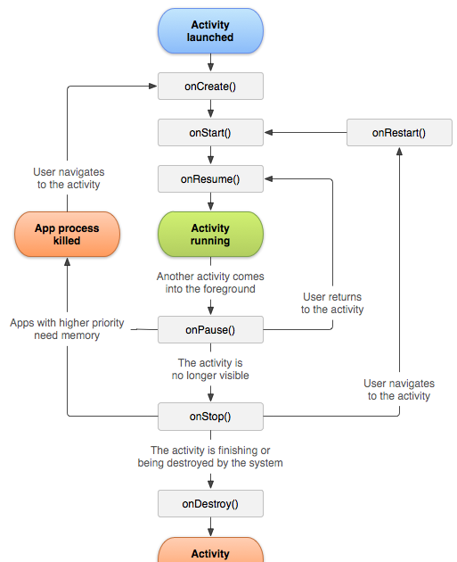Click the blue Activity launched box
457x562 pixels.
[210, 31]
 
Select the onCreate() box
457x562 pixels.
[210, 87]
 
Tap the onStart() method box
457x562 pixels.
[210, 133]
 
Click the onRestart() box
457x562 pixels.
[398, 133]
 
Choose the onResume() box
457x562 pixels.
[210, 179]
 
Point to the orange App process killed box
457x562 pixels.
[67, 234]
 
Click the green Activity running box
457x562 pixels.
[210, 234]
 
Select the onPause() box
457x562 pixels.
[210, 330]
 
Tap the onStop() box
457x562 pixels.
[210, 417]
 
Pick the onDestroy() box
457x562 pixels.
[210, 504]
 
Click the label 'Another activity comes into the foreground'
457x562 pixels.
[210, 283]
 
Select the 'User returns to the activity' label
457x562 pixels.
[332, 303]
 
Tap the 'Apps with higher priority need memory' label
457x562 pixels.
[67, 329]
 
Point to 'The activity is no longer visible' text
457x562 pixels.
[210, 369]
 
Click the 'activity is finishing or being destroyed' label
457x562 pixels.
[210, 457]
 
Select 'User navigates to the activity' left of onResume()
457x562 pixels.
[69, 178]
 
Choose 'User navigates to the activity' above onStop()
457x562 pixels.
[399, 390]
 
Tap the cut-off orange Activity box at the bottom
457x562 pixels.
[210, 551]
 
